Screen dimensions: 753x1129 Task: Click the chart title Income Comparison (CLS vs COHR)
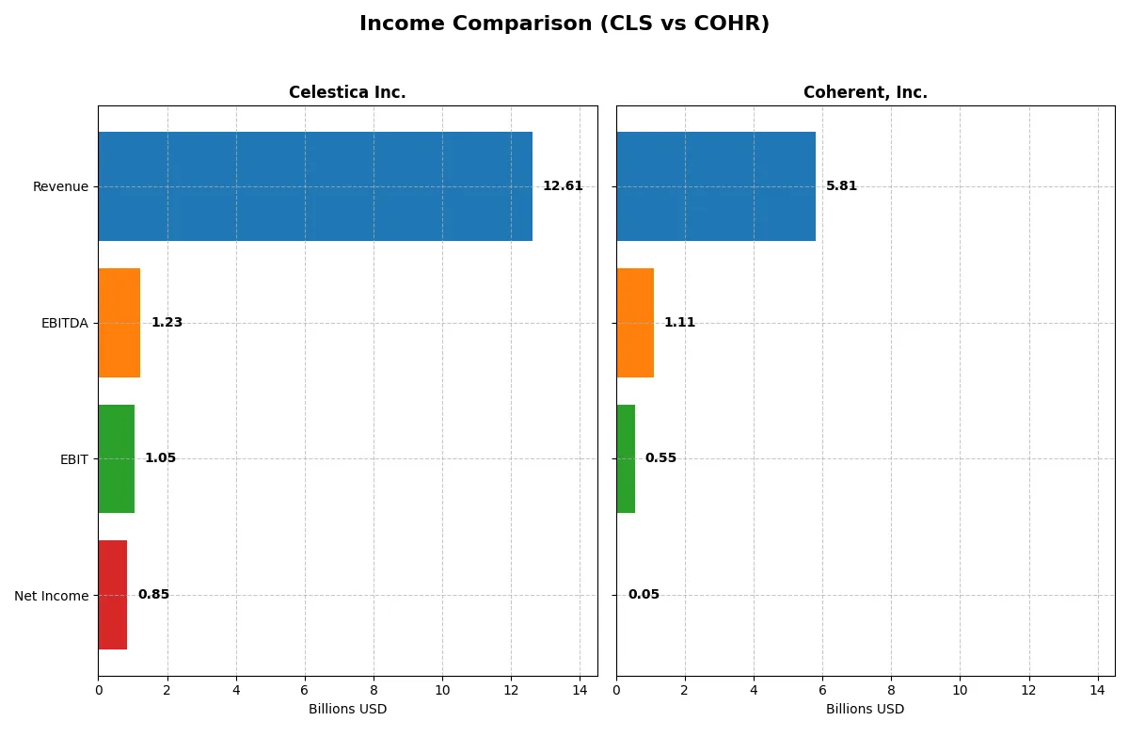pyautogui.click(x=564, y=24)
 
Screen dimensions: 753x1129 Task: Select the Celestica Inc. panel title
pyautogui.click(x=347, y=92)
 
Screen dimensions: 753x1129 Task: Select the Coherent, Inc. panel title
pyautogui.click(x=865, y=92)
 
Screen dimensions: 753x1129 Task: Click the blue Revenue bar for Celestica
pyautogui.click(x=315, y=186)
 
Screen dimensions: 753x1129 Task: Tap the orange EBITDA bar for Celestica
pyautogui.click(x=119, y=323)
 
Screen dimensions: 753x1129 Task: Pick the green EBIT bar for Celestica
pyautogui.click(x=117, y=458)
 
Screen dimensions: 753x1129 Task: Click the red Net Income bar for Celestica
pyautogui.click(x=113, y=595)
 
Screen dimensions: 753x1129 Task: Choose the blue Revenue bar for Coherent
pyautogui.click(x=716, y=186)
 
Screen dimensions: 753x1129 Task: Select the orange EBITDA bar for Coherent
pyautogui.click(x=635, y=323)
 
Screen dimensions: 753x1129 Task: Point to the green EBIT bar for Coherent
pyautogui.click(x=626, y=458)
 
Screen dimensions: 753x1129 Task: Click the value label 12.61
pyautogui.click(x=563, y=186)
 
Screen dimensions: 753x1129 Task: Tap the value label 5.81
pyautogui.click(x=841, y=186)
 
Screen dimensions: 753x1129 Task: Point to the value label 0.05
pyautogui.click(x=644, y=595)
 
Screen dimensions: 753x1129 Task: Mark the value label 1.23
pyautogui.click(x=167, y=323)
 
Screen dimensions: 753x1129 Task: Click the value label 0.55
pyautogui.click(x=660, y=458)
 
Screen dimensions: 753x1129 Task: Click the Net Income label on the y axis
pyautogui.click(x=51, y=596)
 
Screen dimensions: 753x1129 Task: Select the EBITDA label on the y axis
pyautogui.click(x=64, y=323)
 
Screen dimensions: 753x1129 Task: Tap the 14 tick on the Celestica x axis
pyautogui.click(x=580, y=690)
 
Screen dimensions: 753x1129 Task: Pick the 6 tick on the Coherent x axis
pyautogui.click(x=822, y=690)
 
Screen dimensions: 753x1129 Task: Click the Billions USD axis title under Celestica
pyautogui.click(x=347, y=709)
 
